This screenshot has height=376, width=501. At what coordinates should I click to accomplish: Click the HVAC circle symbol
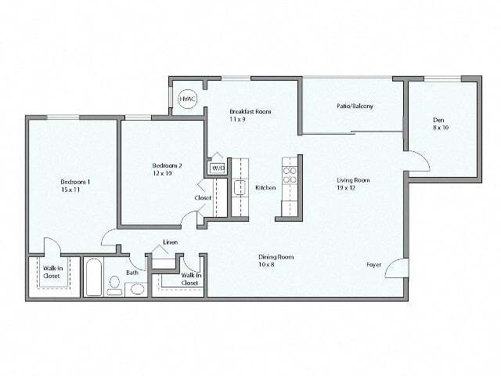[186, 99]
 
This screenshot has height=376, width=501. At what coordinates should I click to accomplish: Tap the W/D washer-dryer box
[217, 168]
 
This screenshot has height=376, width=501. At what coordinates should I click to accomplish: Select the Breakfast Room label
[250, 112]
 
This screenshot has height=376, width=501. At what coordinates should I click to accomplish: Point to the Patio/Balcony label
[355, 106]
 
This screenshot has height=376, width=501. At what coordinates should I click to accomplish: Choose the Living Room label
[353, 180]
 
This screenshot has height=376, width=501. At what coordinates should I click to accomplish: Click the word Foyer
[373, 265]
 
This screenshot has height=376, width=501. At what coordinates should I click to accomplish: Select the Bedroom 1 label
[75, 183]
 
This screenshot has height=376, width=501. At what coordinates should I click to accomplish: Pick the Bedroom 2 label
[167, 166]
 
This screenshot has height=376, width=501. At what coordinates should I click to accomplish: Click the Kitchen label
[265, 188]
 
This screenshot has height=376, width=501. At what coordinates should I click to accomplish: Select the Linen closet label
[170, 243]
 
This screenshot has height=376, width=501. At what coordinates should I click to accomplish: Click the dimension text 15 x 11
[75, 190]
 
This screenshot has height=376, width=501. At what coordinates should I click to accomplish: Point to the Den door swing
[418, 162]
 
